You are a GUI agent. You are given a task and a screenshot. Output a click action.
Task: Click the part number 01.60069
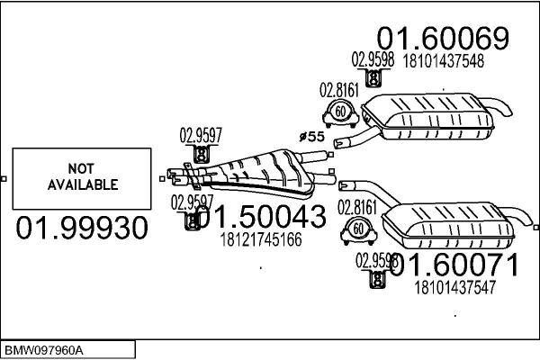[443, 39]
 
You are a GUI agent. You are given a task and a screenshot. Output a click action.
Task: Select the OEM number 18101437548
[444, 62]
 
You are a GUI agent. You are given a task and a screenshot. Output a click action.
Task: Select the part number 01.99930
[82, 229]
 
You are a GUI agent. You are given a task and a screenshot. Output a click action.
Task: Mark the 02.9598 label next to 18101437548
[369, 60]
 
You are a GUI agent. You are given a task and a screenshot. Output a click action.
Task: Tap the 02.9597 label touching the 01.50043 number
[189, 201]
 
